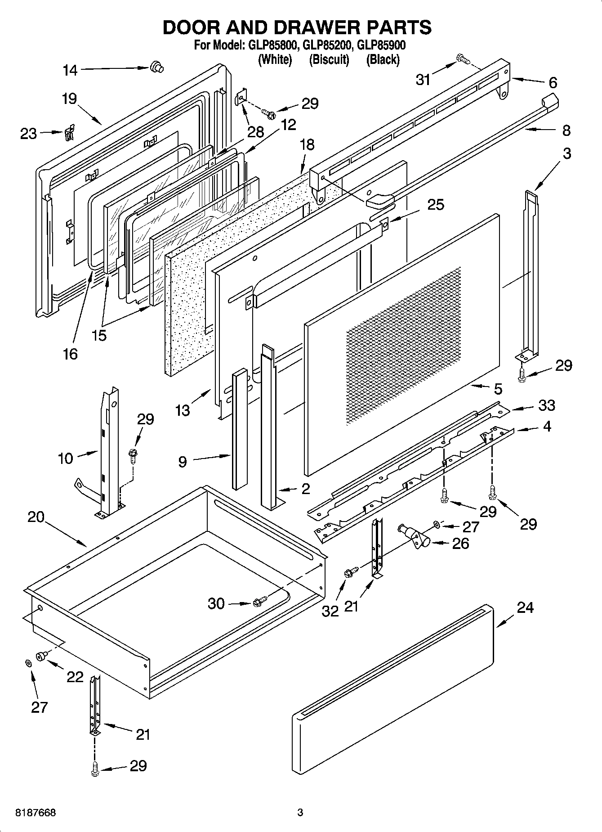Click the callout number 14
coord(70,70)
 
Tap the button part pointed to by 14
coord(156,67)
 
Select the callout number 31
coord(423,80)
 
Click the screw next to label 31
coord(461,58)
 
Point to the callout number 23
coord(28,134)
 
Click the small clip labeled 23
coord(69,132)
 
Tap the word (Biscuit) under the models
coord(329,59)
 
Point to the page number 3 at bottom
coord(300,813)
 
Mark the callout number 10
coord(65,459)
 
